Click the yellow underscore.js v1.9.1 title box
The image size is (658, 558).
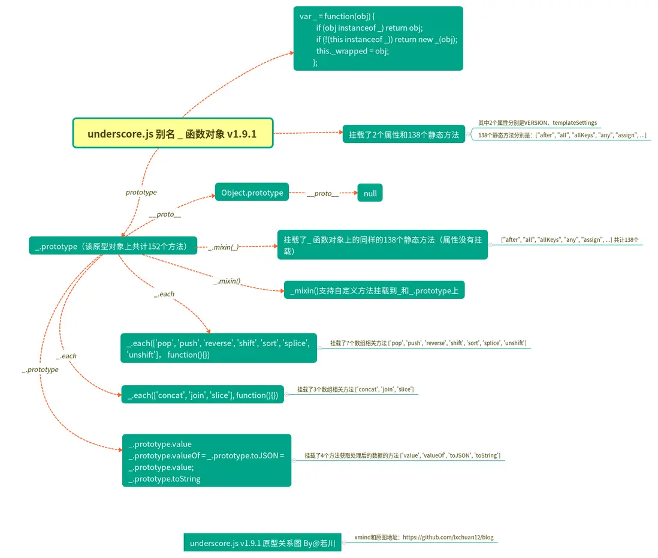click(x=173, y=133)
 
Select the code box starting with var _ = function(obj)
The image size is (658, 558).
click(x=378, y=38)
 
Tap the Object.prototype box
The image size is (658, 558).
click(x=252, y=193)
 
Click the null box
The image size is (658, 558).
click(x=370, y=193)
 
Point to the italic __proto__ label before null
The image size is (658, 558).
click(x=322, y=193)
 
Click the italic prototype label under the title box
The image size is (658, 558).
click(x=141, y=192)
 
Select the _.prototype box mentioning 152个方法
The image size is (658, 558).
click(x=113, y=246)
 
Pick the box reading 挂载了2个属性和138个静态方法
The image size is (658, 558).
click(x=404, y=135)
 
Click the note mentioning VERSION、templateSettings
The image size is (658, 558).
click(x=537, y=122)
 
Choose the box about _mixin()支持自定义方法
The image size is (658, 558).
click(x=374, y=290)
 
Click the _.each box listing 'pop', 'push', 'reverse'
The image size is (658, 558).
click(x=218, y=349)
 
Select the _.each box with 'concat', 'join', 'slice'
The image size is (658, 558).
click(x=203, y=395)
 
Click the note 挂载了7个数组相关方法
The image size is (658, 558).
click(x=428, y=343)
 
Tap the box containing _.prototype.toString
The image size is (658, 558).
click(x=207, y=461)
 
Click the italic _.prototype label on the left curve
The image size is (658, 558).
click(x=41, y=370)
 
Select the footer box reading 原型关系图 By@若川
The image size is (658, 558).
click(x=262, y=543)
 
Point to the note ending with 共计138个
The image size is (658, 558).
click(x=569, y=239)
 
